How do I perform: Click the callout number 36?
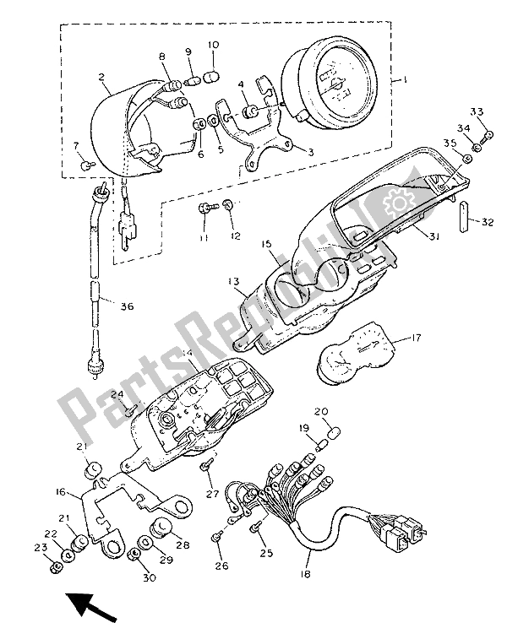click(x=127, y=307)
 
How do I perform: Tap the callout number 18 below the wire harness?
click(x=304, y=574)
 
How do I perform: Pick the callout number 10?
click(x=212, y=44)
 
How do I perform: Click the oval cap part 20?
click(x=334, y=433)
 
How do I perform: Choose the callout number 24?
click(x=117, y=395)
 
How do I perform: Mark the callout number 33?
click(x=477, y=112)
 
